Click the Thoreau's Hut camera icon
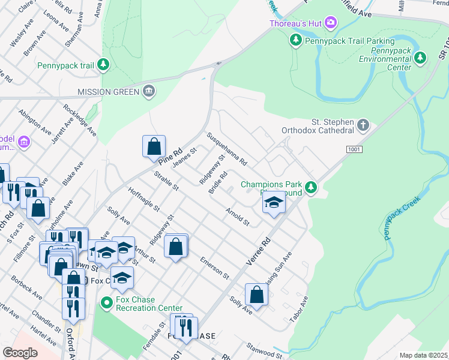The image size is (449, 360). [x=331, y=23]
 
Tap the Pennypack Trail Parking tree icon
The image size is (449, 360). [x=295, y=41]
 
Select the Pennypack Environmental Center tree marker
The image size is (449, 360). [x=421, y=58]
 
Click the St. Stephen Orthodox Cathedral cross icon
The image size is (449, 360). [x=363, y=125]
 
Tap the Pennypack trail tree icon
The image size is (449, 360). [x=104, y=64]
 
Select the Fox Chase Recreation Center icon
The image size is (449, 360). [x=106, y=303]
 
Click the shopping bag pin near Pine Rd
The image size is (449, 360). [x=154, y=146]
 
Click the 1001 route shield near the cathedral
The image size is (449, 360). [x=354, y=148]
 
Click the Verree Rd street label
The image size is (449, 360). [x=259, y=250]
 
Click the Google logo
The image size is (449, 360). [x=20, y=353]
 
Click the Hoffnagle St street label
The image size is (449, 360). [x=143, y=199]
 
